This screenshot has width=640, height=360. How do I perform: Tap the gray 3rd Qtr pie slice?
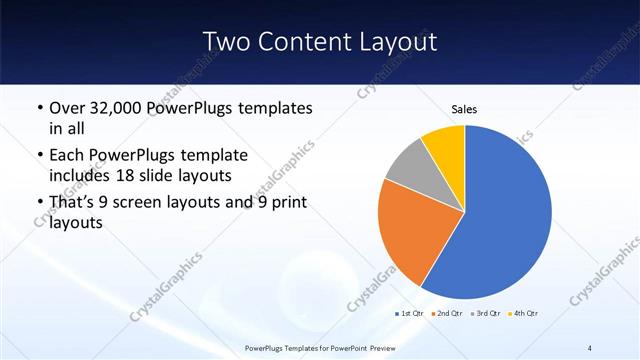tap(407, 164)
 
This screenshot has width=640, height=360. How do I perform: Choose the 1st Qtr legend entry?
tap(410, 314)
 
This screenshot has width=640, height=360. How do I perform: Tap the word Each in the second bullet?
tap(68, 155)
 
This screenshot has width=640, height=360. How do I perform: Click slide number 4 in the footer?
tap(590, 347)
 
